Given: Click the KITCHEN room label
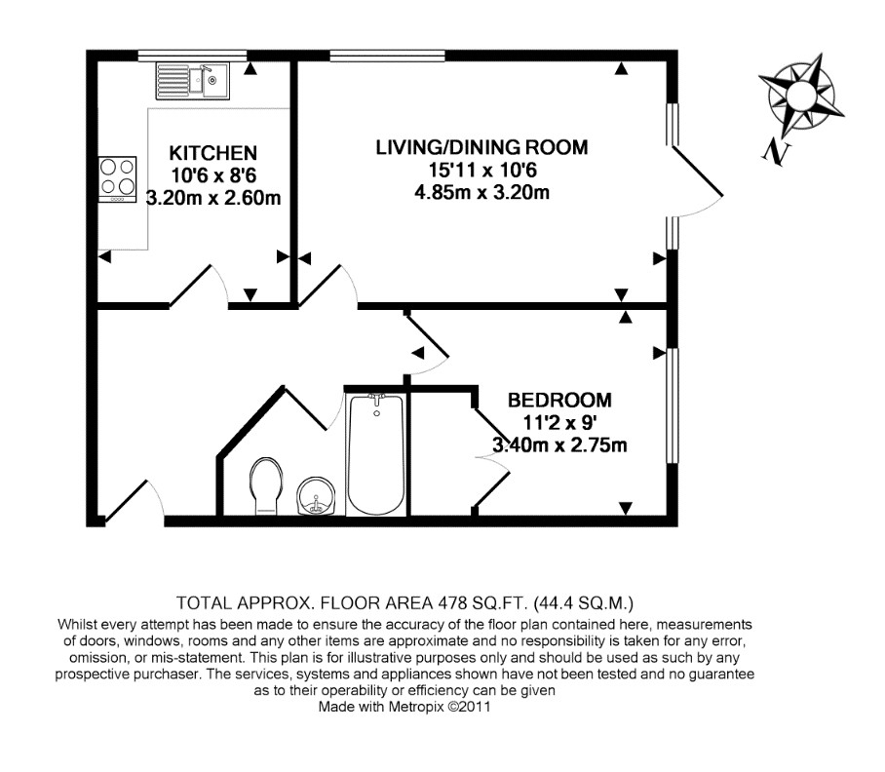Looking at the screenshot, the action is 213,153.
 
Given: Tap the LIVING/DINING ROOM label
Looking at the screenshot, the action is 482,147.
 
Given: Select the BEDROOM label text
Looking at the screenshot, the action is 559,400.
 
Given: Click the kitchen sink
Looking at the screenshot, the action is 192,81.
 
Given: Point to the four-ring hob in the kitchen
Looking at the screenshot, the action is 117,179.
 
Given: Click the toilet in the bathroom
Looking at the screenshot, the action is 265,485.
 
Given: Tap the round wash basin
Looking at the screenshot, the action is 317,496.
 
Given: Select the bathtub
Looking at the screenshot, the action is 376,454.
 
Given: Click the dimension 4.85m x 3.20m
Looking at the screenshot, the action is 482,192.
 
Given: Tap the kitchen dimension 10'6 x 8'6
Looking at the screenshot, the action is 213,175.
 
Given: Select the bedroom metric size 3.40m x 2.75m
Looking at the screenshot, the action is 559,445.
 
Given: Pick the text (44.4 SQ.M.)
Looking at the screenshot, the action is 584,603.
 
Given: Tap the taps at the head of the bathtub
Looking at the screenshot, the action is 376,400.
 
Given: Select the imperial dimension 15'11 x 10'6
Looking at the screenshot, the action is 482,170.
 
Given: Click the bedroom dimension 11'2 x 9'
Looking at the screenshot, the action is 559,423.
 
